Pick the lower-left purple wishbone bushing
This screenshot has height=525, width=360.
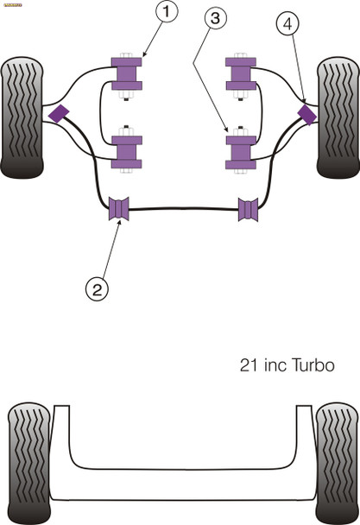click(128, 151)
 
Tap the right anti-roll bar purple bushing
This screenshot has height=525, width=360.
click(249, 209)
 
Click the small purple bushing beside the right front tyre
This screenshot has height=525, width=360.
click(306, 113)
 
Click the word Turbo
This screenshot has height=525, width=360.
click(310, 365)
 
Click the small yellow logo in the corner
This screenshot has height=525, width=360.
click(11, 3)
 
